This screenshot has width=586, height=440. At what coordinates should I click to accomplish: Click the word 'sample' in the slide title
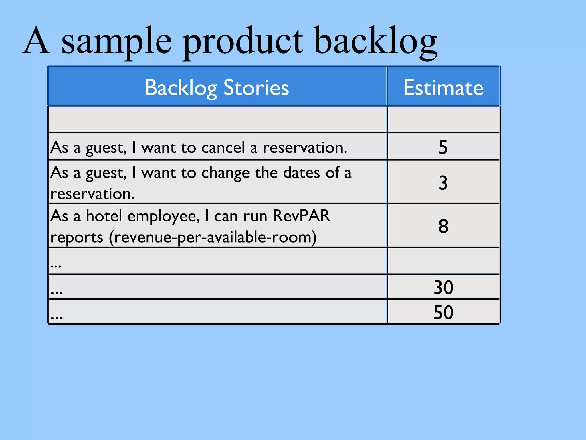click(x=117, y=42)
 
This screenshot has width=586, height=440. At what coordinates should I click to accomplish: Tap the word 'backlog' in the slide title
click(x=375, y=42)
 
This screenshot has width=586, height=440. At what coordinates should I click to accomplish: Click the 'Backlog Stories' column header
click(x=217, y=87)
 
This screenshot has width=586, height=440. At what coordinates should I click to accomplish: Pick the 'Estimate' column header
click(x=443, y=87)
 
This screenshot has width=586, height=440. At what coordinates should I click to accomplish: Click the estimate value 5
click(x=443, y=147)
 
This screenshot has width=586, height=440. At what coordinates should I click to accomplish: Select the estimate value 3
click(x=443, y=183)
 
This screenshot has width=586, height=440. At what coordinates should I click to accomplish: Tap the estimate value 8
click(x=443, y=226)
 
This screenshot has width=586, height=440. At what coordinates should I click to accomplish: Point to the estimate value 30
click(x=443, y=287)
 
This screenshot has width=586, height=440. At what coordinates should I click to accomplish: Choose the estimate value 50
click(x=443, y=312)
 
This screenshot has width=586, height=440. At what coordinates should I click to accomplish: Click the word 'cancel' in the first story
click(x=223, y=148)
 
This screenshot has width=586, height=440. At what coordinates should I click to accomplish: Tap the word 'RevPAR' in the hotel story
click(x=301, y=216)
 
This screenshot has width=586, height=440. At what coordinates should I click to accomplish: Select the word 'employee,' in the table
click(x=163, y=216)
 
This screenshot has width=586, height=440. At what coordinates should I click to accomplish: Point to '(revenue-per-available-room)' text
click(x=213, y=237)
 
